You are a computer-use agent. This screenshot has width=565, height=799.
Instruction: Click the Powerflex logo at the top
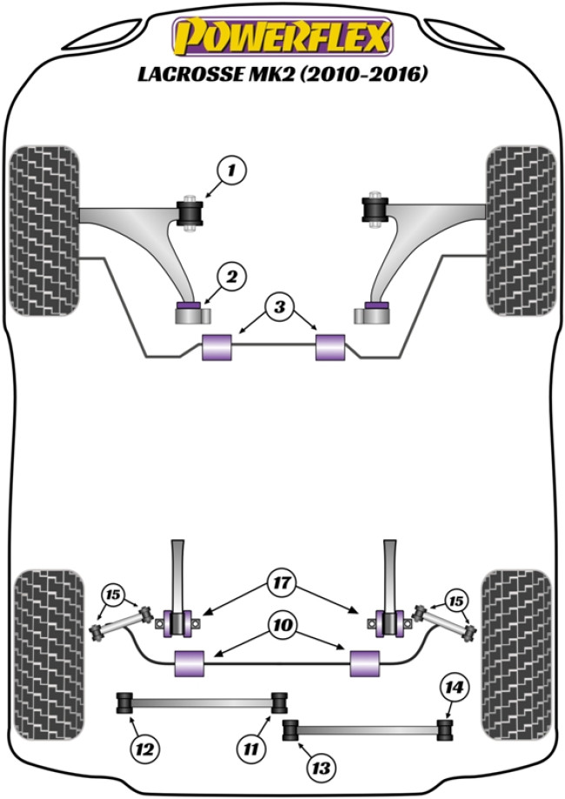pos(282,37)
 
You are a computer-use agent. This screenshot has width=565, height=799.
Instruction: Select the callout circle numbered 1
pos(232,171)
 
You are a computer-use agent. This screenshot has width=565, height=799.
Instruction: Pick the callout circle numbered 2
pos(232,278)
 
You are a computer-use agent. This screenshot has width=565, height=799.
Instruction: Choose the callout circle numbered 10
pos(282,626)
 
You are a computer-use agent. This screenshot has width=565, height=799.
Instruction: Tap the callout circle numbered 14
pos(453,687)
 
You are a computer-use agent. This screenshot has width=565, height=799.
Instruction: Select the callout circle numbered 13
pos(322,768)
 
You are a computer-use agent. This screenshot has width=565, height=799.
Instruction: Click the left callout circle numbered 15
pos(112,596)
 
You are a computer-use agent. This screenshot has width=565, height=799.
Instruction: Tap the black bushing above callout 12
pos(124,701)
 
